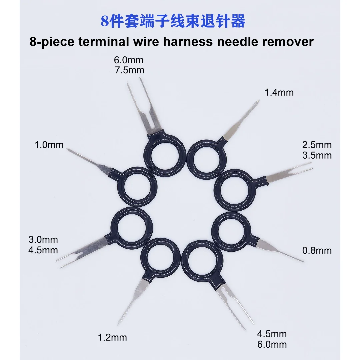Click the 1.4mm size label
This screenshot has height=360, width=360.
tap(279, 93)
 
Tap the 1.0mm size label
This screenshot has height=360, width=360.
tap(49, 145)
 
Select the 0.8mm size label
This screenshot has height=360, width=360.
tap(317, 250)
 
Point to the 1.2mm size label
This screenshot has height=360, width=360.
tap(112, 337)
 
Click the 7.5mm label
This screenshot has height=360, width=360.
tap(129, 70)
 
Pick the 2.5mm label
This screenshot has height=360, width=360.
tap(317, 145)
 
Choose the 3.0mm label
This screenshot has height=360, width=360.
tap(43, 240)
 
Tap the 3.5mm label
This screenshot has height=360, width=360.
tap(317, 155)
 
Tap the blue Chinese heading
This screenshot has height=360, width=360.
tap(173, 21)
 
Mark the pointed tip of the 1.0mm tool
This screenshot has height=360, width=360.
tap(67, 149)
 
